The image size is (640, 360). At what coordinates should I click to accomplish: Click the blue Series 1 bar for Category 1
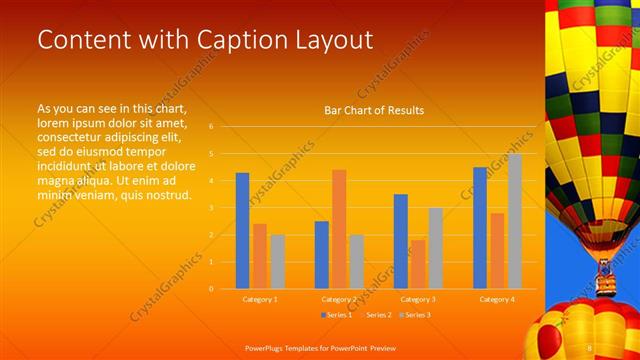tap(242, 231)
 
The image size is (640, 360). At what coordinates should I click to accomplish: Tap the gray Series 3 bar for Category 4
tap(515, 221)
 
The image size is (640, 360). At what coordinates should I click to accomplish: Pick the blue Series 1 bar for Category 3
tap(401, 241)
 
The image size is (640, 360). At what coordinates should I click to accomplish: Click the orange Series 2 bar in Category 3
tap(418, 264)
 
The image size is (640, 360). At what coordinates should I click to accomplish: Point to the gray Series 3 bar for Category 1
tap(277, 261)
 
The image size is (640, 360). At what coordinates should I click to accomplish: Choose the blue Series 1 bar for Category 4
tap(480, 228)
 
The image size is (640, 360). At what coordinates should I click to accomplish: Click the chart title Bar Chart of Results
tap(374, 110)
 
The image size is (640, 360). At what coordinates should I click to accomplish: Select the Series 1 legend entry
tap(336, 315)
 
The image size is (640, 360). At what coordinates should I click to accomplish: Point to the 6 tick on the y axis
tap(211, 127)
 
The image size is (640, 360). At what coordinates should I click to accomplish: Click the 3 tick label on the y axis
tap(211, 208)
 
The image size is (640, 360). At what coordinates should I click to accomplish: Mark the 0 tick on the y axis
tap(211, 289)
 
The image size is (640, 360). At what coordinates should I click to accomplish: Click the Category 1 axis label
tap(260, 299)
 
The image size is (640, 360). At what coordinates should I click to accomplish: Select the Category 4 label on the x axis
tap(497, 299)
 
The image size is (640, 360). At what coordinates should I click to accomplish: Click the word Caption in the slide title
tap(212, 40)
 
